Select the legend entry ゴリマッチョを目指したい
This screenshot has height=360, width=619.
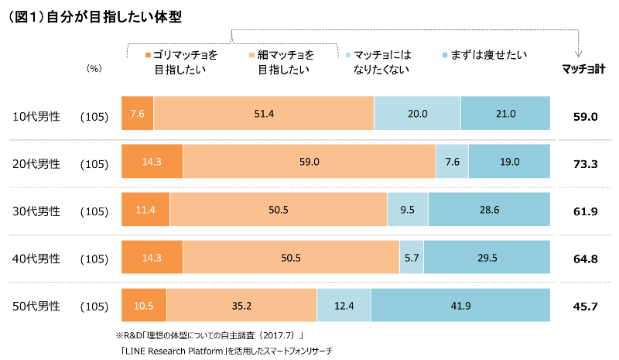click(180, 62)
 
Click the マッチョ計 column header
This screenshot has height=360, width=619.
click(583, 69)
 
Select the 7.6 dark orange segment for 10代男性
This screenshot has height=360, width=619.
click(138, 114)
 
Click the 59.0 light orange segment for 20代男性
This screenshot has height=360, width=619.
click(309, 162)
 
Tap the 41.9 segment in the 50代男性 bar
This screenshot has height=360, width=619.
click(460, 306)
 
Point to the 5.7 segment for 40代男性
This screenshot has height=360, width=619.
click(411, 258)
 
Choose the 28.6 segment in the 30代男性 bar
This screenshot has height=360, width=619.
click(489, 210)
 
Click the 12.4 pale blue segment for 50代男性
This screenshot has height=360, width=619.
click(344, 306)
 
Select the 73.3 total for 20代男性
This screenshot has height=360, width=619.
click(585, 164)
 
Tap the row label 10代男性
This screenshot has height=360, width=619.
click(36, 116)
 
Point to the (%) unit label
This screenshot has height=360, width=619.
click(94, 69)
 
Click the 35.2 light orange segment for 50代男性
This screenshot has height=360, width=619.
click(241, 306)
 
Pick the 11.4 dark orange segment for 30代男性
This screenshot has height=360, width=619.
click(146, 210)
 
